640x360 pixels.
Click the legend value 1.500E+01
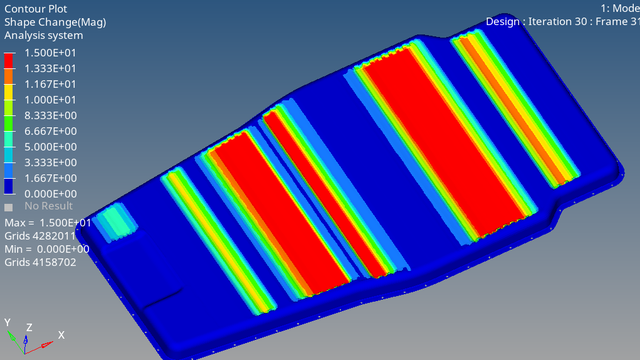[50, 53]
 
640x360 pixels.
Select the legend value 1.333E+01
[50, 69]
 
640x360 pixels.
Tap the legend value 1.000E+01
[50, 100]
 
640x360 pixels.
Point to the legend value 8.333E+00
[50, 116]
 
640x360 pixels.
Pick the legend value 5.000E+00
[50, 147]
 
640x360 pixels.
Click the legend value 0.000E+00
[50, 194]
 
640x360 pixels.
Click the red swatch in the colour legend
[9, 61]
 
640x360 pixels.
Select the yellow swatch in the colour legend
[9, 92]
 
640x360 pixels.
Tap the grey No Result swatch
[8, 207]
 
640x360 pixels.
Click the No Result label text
[48, 206]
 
